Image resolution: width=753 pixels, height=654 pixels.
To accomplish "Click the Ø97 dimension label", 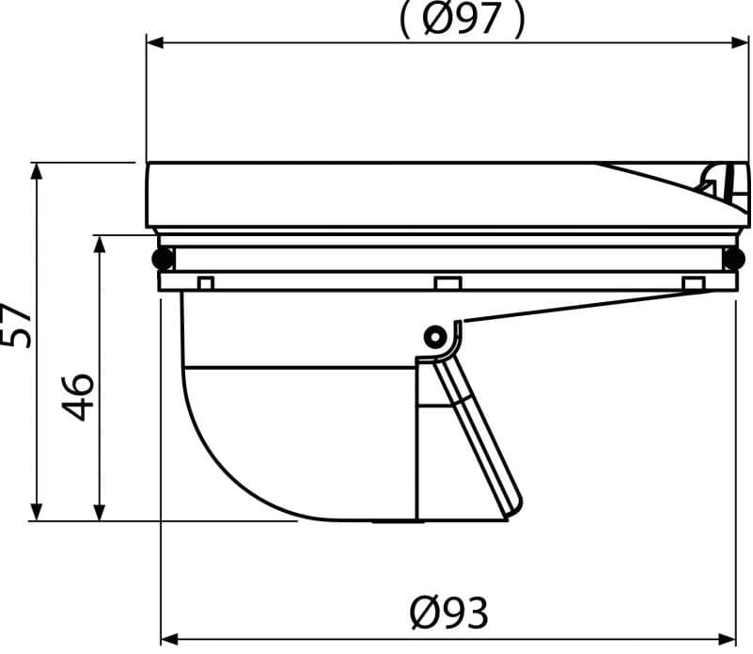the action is (462, 19).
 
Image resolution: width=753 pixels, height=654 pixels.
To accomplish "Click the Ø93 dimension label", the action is (449, 613).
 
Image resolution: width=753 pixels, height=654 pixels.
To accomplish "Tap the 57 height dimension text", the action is (17, 325).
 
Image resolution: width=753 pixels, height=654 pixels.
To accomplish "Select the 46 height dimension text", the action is (78, 397).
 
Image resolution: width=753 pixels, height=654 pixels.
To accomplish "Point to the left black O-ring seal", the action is (163, 259).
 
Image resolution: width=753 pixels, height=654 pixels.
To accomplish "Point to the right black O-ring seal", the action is (734, 259).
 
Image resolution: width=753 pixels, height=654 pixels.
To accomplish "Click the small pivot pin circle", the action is (434, 337).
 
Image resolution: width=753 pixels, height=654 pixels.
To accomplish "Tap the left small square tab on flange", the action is (206, 283).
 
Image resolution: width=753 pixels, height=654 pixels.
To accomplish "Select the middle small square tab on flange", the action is (448, 283).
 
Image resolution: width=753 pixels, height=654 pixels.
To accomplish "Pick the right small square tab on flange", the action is (694, 283).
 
